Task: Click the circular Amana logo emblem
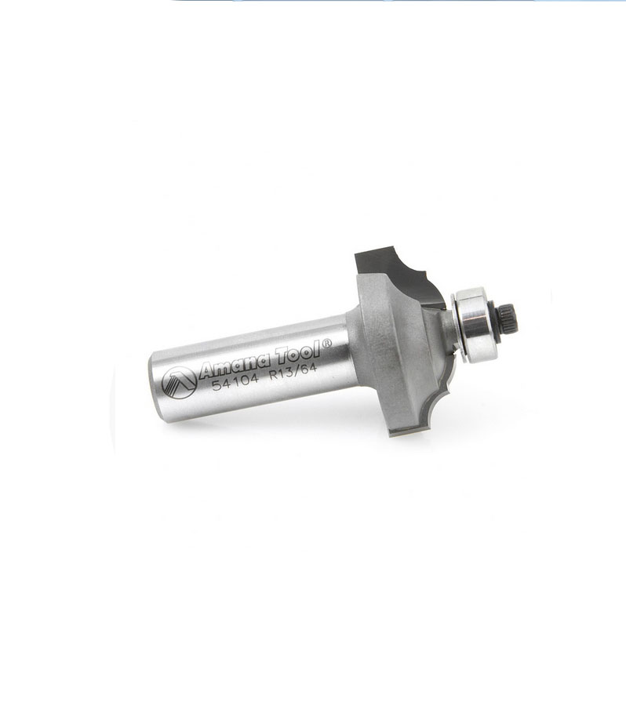pos(179,382)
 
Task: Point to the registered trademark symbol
pos(327,343)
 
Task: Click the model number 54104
pos(235,382)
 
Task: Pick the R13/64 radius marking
pos(293,372)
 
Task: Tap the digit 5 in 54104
pos(216,386)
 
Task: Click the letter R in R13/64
pos(273,377)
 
